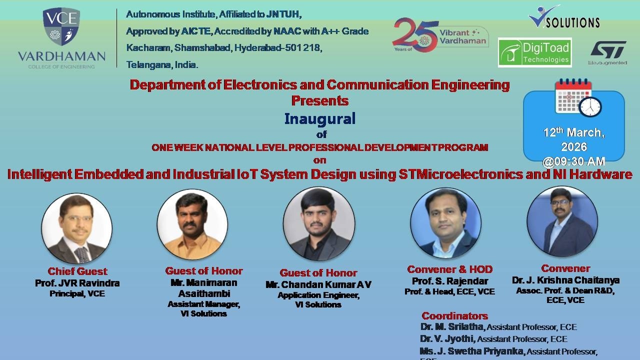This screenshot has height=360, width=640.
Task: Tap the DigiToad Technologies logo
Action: (x=534, y=52)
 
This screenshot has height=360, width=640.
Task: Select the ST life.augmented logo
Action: (x=607, y=52)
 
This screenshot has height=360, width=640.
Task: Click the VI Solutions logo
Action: (x=564, y=17)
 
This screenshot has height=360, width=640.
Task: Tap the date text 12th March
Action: (x=573, y=132)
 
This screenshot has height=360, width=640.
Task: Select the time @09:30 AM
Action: (x=573, y=161)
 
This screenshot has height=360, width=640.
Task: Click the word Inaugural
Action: (x=319, y=118)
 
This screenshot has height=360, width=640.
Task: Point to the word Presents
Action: (x=319, y=100)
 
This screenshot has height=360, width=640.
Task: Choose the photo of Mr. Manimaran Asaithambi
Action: (x=192, y=224)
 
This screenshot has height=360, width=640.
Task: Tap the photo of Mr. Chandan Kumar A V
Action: (x=318, y=224)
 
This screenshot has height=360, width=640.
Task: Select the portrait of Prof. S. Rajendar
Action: (x=445, y=223)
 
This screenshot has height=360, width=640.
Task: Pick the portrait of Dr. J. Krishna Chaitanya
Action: (x=562, y=221)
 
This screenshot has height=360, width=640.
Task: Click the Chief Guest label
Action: (x=77, y=271)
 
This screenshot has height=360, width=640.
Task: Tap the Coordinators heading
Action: (x=454, y=316)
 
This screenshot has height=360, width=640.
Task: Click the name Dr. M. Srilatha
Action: (x=452, y=327)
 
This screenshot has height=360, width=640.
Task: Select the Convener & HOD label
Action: (x=449, y=269)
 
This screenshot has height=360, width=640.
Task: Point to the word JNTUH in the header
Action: (x=283, y=14)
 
